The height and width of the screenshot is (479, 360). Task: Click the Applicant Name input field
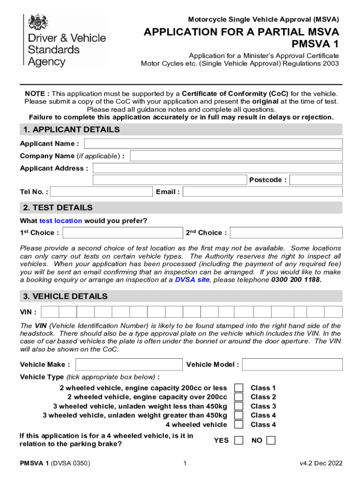click(x=213, y=144)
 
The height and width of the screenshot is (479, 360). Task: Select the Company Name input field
click(x=236, y=156)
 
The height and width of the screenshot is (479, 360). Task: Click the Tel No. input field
click(x=101, y=192)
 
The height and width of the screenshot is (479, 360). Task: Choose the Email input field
click(x=263, y=192)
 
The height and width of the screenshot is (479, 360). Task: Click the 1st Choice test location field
click(x=122, y=233)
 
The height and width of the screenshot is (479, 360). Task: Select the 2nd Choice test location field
click(x=286, y=233)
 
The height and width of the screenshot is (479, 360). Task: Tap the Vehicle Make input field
click(x=129, y=364)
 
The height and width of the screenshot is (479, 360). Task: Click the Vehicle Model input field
click(x=292, y=364)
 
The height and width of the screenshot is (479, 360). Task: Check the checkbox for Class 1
click(x=238, y=388)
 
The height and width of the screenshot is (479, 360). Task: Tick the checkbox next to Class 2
click(x=238, y=397)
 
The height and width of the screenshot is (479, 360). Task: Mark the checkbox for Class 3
click(x=238, y=406)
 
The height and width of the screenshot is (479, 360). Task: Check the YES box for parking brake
click(x=238, y=440)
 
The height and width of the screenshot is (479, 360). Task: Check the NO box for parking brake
click(x=271, y=440)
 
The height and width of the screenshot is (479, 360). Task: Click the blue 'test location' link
click(x=61, y=221)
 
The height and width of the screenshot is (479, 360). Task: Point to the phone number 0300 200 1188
click(x=296, y=280)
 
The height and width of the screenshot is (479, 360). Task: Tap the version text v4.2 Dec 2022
click(x=321, y=464)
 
